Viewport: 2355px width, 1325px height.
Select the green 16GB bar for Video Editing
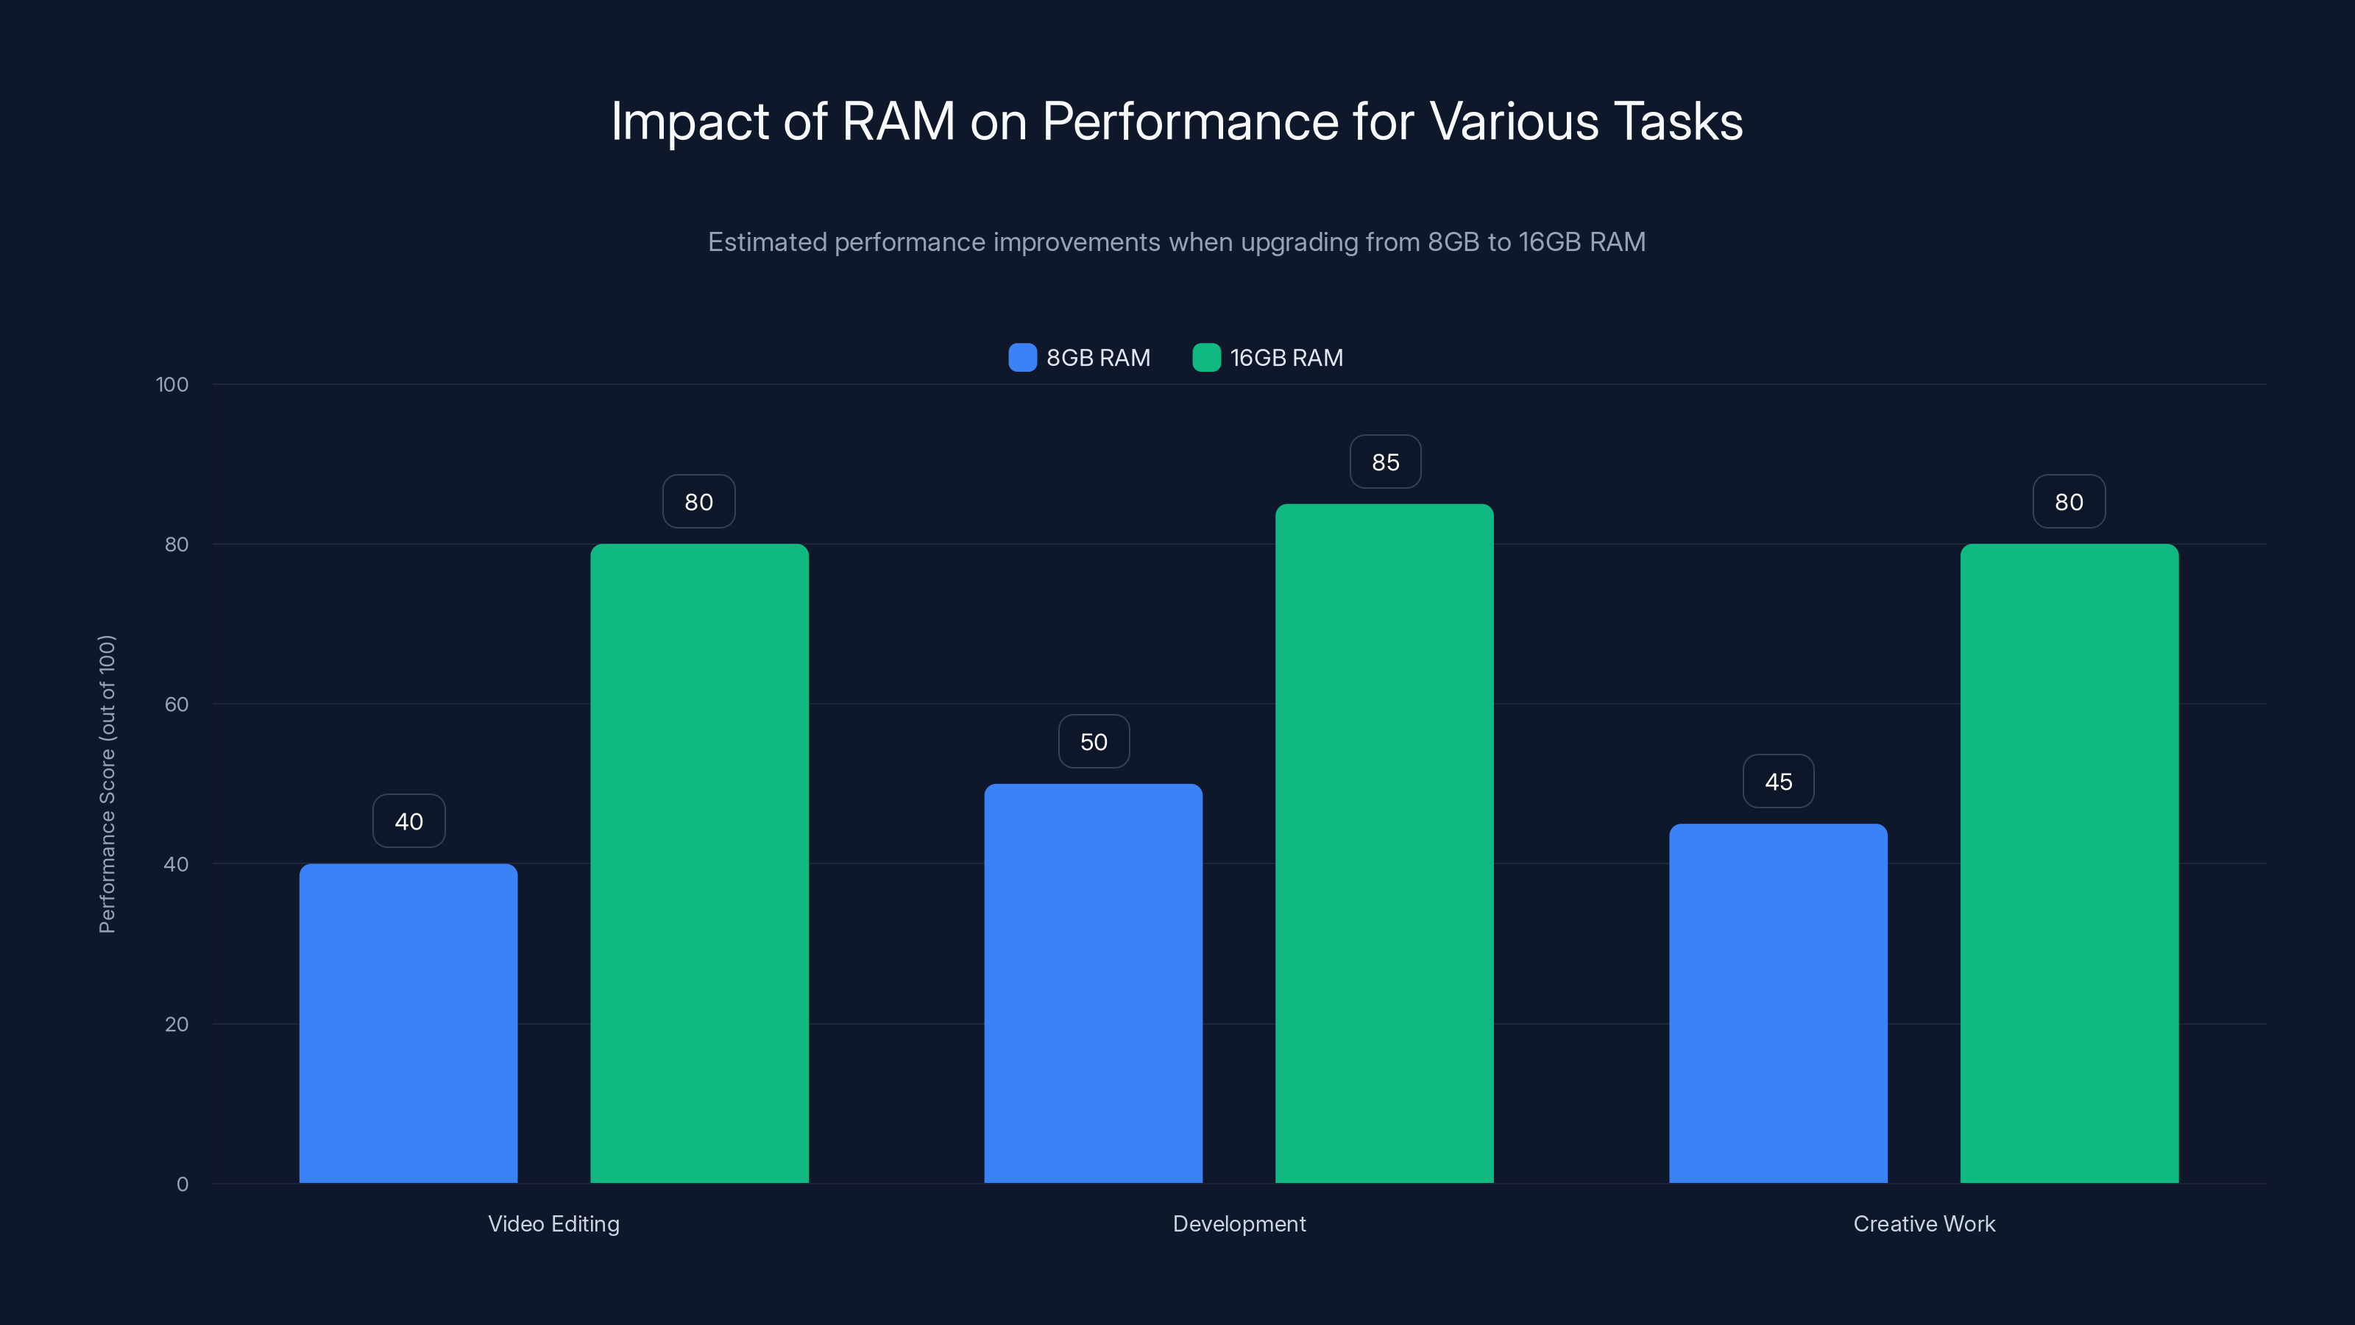tap(699, 863)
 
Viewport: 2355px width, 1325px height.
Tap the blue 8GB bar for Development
tap(1094, 983)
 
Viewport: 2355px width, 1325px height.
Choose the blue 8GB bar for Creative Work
tap(1778, 1003)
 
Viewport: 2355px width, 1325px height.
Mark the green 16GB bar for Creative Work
tap(2069, 863)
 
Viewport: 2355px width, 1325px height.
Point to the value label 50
tap(1094, 741)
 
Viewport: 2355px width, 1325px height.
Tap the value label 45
tap(1778, 782)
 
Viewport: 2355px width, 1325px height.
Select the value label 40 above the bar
tap(408, 821)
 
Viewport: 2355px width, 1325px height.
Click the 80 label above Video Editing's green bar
tap(698, 502)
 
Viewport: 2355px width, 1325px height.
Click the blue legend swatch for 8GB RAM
tap(1022, 358)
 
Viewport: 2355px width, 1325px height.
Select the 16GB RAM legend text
tap(1286, 358)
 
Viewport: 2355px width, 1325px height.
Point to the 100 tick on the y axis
tap(172, 384)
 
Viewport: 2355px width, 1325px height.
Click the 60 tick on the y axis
tap(177, 704)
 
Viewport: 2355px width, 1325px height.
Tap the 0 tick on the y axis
tap(182, 1184)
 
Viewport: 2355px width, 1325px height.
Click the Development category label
tap(1239, 1223)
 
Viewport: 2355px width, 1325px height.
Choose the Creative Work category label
tap(1924, 1223)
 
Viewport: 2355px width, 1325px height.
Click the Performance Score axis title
tap(107, 784)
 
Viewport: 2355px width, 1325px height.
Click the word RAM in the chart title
tap(898, 121)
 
